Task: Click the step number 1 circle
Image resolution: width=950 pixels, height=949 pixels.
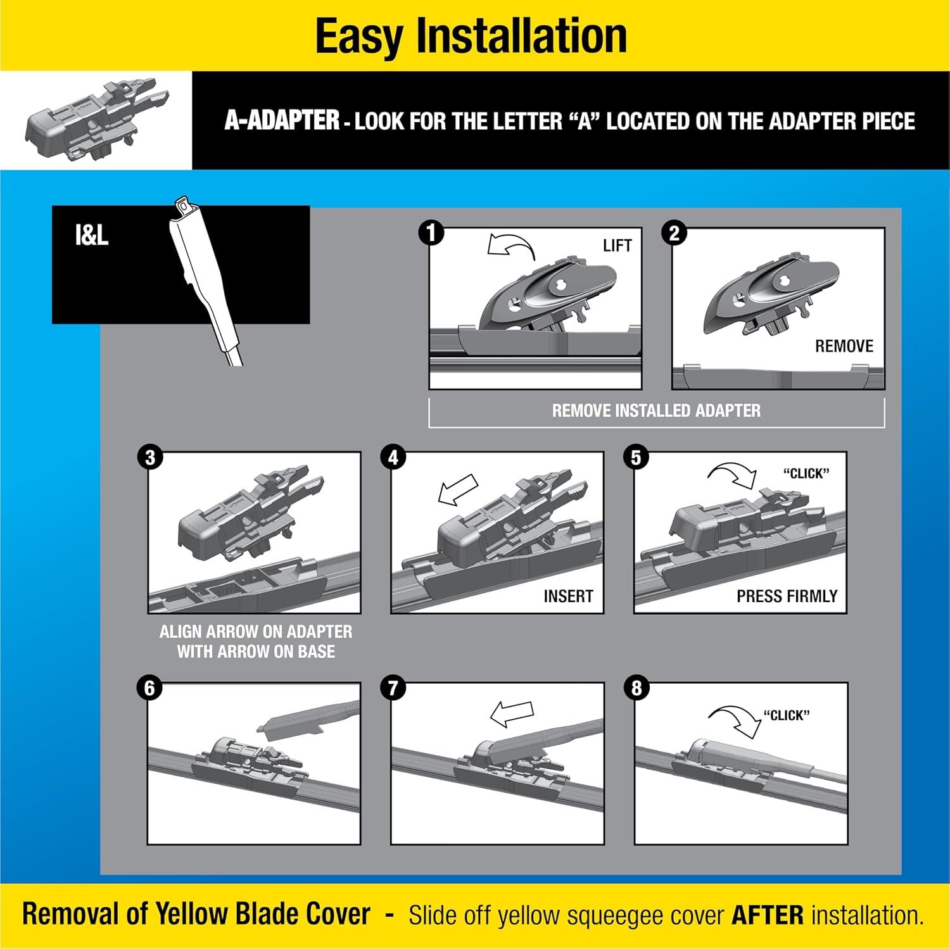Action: point(431,233)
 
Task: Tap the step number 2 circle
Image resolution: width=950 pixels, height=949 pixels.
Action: point(674,233)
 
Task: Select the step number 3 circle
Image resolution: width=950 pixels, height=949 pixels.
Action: point(150,458)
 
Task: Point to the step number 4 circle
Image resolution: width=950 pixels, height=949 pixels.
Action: point(393,458)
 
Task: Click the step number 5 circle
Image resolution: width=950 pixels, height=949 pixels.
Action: point(636,458)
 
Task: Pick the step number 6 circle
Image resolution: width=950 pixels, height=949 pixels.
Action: point(150,688)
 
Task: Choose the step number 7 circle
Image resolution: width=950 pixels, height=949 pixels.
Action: point(393,688)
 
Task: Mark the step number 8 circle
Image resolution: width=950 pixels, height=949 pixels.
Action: point(636,688)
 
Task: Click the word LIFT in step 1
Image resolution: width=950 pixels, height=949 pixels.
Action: point(617,246)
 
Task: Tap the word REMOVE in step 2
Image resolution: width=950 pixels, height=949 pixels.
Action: point(844,346)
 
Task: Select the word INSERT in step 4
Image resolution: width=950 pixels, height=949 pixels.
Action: point(568,596)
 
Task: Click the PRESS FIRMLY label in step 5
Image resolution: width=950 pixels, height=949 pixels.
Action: point(787,596)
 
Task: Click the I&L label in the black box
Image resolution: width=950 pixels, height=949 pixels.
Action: point(92,236)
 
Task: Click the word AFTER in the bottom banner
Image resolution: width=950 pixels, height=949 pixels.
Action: point(767,915)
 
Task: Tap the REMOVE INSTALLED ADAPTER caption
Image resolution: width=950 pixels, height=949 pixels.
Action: point(656,411)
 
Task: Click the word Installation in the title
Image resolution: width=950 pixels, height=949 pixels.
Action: point(521,36)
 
